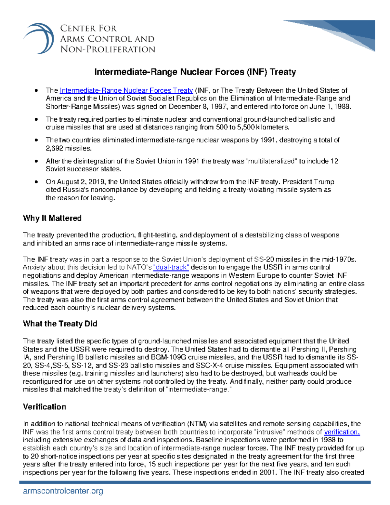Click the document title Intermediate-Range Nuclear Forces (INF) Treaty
click(195, 72)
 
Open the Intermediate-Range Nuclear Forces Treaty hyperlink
click(126, 90)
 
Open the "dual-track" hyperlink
click(171, 267)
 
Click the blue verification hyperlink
click(342, 432)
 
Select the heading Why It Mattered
click(52, 218)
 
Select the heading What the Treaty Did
click(60, 324)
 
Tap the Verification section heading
click(44, 407)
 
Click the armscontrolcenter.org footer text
click(63, 491)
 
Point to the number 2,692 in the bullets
click(54, 148)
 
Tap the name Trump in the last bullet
click(324, 182)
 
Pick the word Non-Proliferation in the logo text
click(108, 49)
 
